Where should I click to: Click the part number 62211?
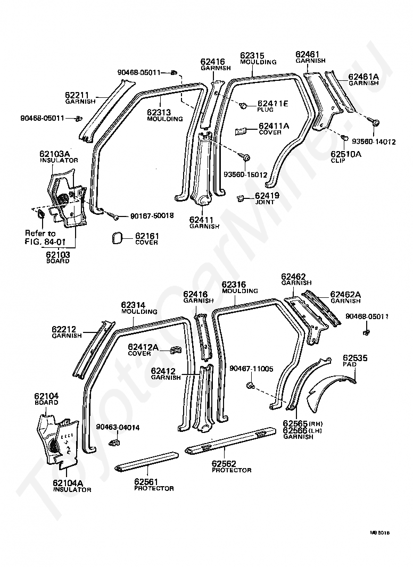pyautogui.click(x=77, y=95)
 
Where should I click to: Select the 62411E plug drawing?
pyautogui.click(x=243, y=106)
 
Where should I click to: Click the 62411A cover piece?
pyautogui.click(x=241, y=131)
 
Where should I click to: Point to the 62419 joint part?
pyautogui.click(x=240, y=197)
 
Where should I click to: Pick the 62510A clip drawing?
pyautogui.click(x=344, y=138)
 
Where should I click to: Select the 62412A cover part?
pyautogui.click(x=176, y=350)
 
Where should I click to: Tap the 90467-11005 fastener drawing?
pyautogui.click(x=250, y=386)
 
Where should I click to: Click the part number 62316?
pyautogui.click(x=234, y=285)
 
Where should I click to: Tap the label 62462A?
pyautogui.click(x=345, y=295)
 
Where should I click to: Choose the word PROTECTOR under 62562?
pyautogui.click(x=232, y=470)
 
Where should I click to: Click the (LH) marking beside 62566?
pyautogui.click(x=316, y=431)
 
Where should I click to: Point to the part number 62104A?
pyautogui.click(x=68, y=483)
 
